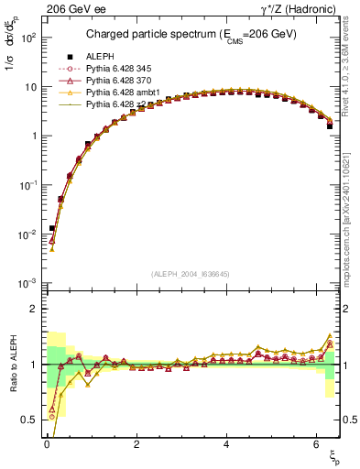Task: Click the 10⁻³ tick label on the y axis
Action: click(28, 283)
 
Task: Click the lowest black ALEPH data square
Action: click(52, 228)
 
